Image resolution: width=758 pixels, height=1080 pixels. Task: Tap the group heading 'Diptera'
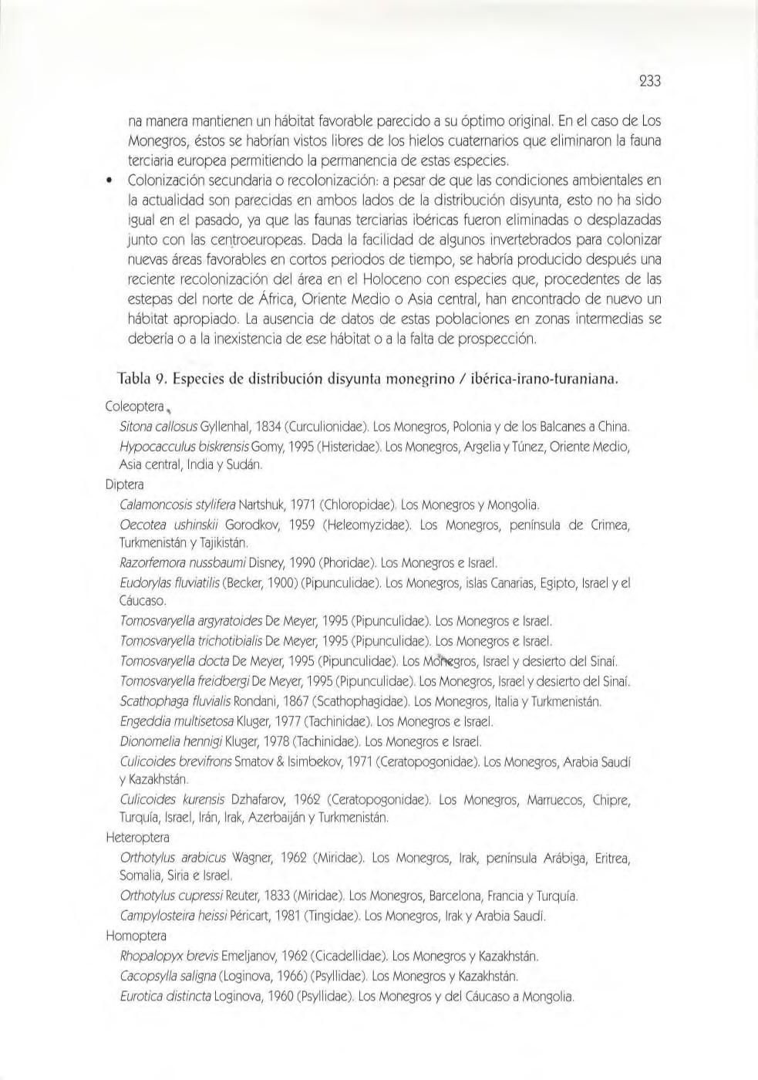tap(124, 485)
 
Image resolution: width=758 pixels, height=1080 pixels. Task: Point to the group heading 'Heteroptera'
tap(136, 837)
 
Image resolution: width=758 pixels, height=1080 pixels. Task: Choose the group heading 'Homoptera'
tap(135, 936)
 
